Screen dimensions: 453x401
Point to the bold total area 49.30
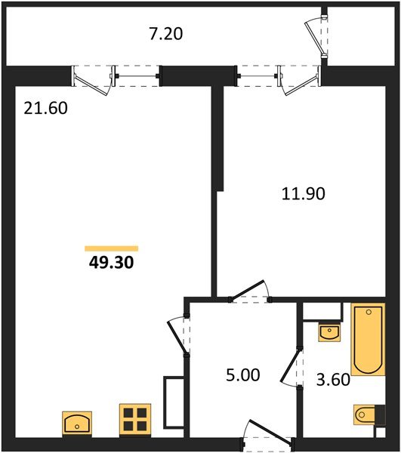point(111,263)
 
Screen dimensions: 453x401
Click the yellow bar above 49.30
point(111,248)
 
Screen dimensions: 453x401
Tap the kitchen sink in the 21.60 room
point(76,422)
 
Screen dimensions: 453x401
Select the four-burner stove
point(135,420)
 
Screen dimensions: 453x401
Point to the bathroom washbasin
point(330,331)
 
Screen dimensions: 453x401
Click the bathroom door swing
point(291,370)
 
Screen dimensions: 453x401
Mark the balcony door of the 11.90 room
point(298,79)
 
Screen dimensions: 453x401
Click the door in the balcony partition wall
point(317,35)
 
